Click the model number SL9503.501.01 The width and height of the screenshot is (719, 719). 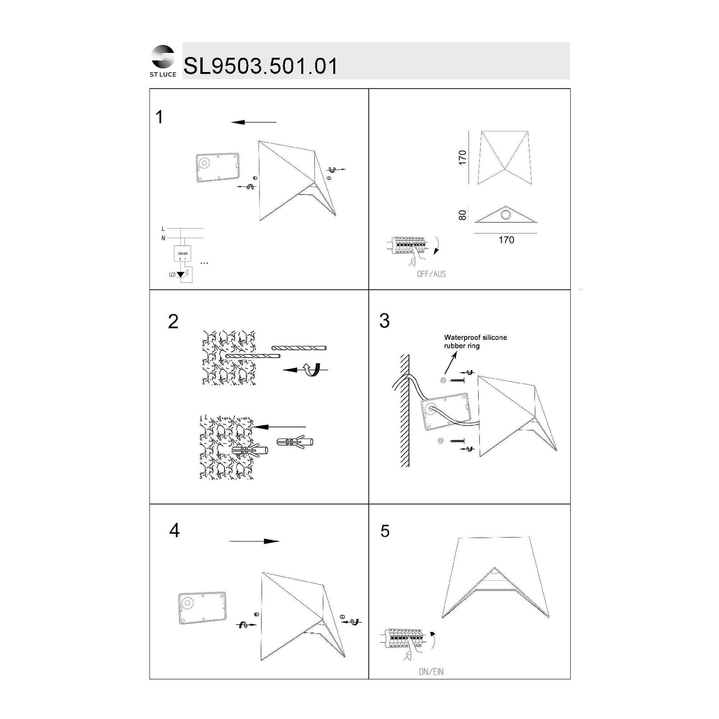point(260,66)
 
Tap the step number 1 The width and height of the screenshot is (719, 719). point(159,117)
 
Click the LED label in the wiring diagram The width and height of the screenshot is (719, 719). point(172,275)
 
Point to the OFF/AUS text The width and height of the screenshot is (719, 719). point(431,274)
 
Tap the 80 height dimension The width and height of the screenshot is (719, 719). point(462,215)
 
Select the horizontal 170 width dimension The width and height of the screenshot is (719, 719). point(506,240)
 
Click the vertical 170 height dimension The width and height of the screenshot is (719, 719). point(462,158)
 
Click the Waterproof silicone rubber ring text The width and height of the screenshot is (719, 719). point(475,342)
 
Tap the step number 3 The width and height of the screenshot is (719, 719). point(384,321)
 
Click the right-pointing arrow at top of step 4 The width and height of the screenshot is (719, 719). point(254,541)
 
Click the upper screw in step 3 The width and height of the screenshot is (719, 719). point(458,381)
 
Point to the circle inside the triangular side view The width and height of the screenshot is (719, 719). point(505,215)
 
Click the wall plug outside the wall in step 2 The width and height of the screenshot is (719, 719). point(295,442)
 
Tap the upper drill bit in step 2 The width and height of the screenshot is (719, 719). point(299,348)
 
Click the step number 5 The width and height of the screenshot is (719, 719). point(385,531)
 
